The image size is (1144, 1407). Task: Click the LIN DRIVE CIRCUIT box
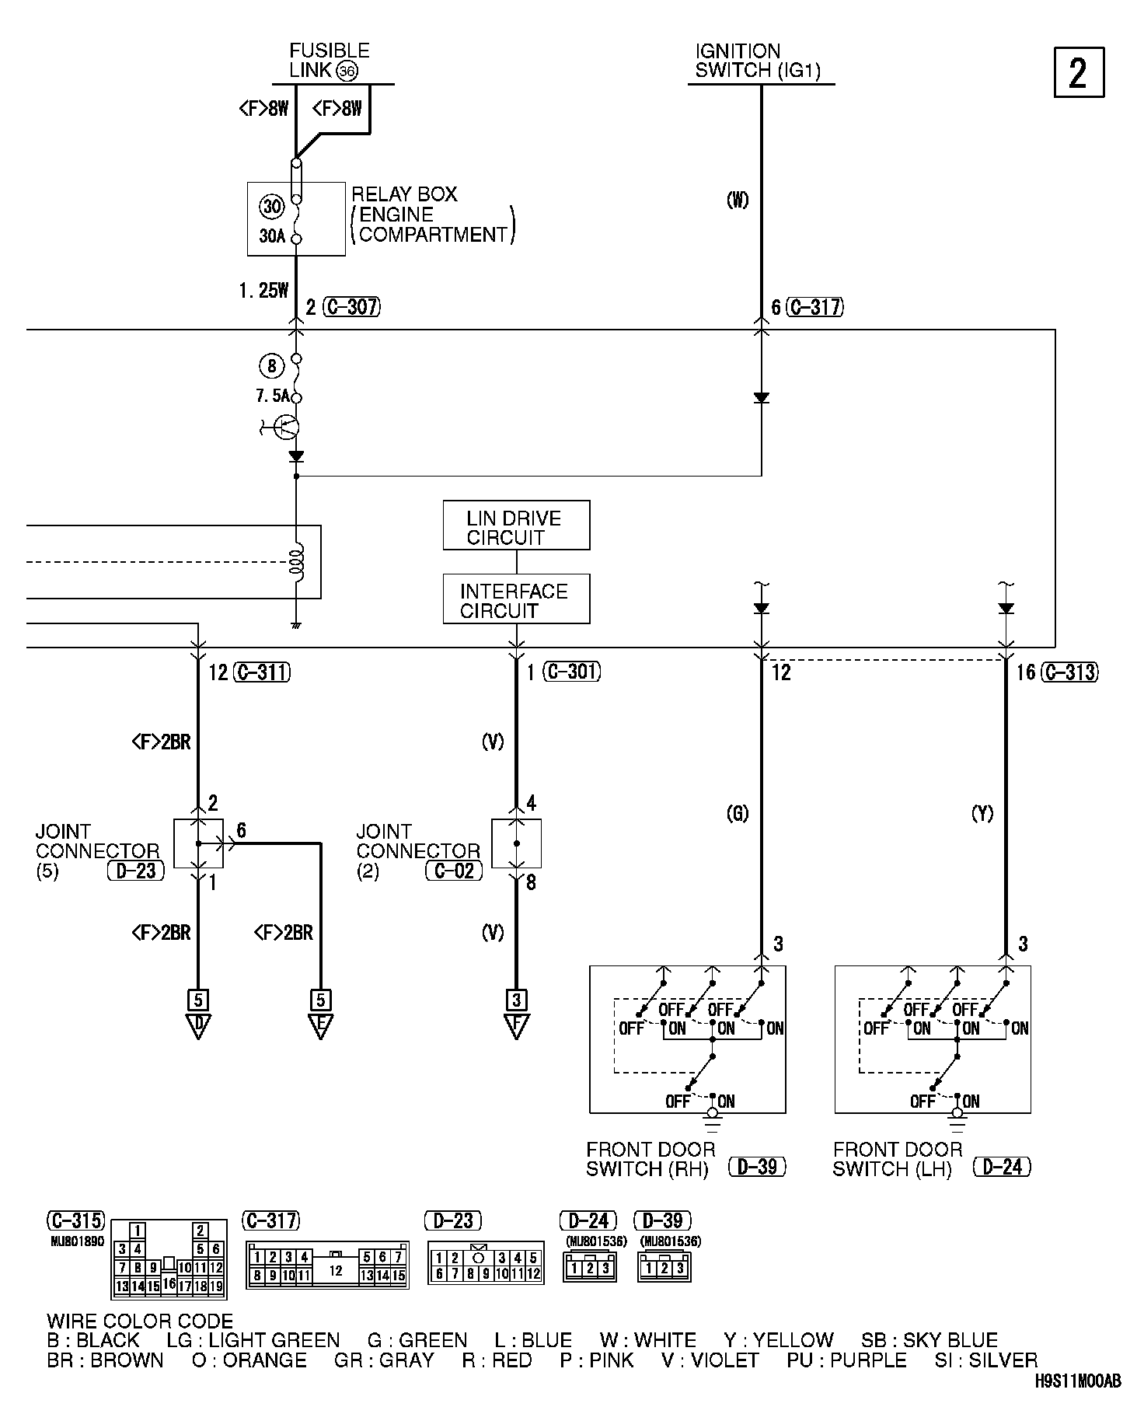coord(516,525)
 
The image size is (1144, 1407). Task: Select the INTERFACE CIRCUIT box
coord(516,599)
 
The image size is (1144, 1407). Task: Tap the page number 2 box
coord(1079,72)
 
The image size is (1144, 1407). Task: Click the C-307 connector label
coord(351,307)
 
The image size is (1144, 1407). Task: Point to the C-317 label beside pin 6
coord(814,307)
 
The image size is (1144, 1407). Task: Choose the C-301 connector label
coord(572,672)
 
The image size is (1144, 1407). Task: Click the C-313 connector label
coord(1070,672)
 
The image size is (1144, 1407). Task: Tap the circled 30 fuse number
coord(272,207)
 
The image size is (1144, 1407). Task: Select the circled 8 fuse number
coord(271,365)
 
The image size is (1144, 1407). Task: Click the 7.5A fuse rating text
coord(272,396)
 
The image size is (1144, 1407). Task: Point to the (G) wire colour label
coord(737,814)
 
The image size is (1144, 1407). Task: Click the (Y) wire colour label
coord(982,814)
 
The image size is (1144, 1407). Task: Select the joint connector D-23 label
coord(136,871)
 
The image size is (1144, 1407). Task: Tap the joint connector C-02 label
coord(455,871)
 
